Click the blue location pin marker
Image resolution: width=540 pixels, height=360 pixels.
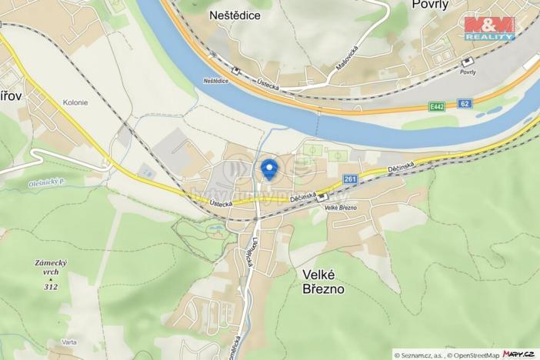coord(268,168)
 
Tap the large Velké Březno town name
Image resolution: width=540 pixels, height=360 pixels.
coord(317,282)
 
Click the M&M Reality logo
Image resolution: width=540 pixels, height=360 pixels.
coord(490,27)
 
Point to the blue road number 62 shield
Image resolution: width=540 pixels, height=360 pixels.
coord(464,102)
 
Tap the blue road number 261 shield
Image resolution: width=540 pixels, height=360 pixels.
coord(351,179)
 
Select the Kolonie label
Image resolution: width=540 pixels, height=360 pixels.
coord(75,102)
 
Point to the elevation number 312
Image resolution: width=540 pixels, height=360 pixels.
coord(51,287)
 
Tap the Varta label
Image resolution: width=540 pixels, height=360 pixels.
coord(69,342)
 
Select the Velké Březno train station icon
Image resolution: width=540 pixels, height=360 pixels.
coord(322,197)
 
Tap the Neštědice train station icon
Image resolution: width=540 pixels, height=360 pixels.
coord(235,71)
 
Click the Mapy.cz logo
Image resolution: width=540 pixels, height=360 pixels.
coord(519,354)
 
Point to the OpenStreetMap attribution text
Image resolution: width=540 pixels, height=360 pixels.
coord(474,355)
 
